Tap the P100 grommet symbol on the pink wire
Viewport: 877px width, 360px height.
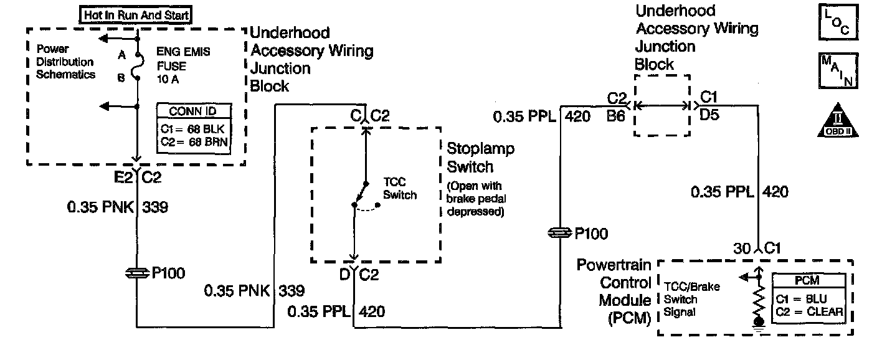tap(137, 273)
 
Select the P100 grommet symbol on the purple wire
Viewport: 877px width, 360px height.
tap(559, 234)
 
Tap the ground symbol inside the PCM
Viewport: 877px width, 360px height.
tap(759, 323)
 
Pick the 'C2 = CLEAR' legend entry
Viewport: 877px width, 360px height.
tap(809, 312)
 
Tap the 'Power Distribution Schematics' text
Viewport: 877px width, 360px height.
tap(65, 62)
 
